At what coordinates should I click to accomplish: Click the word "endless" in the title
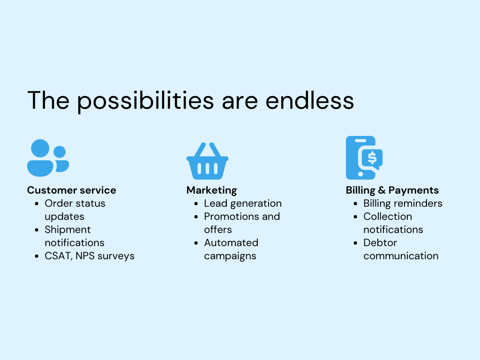309,100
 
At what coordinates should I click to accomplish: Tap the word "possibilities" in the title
145,101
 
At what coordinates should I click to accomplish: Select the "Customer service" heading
72,190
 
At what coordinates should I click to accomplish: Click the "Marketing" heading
211,190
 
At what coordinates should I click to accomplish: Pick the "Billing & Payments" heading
392,190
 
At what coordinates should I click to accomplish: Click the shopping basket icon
207,161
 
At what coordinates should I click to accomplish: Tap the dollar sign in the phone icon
372,158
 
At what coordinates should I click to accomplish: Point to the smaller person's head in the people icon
60,152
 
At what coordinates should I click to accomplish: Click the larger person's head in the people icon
40,149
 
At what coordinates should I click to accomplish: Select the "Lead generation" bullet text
243,203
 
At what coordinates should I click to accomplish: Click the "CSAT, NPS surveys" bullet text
90,256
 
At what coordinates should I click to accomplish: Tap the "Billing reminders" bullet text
403,203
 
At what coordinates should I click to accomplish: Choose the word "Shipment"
67,230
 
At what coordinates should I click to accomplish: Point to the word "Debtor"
380,243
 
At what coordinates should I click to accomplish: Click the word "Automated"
231,243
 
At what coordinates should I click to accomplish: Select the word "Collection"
388,217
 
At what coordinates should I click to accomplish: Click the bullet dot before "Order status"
37,203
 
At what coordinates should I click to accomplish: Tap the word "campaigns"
230,256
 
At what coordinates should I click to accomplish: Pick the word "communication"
401,256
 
